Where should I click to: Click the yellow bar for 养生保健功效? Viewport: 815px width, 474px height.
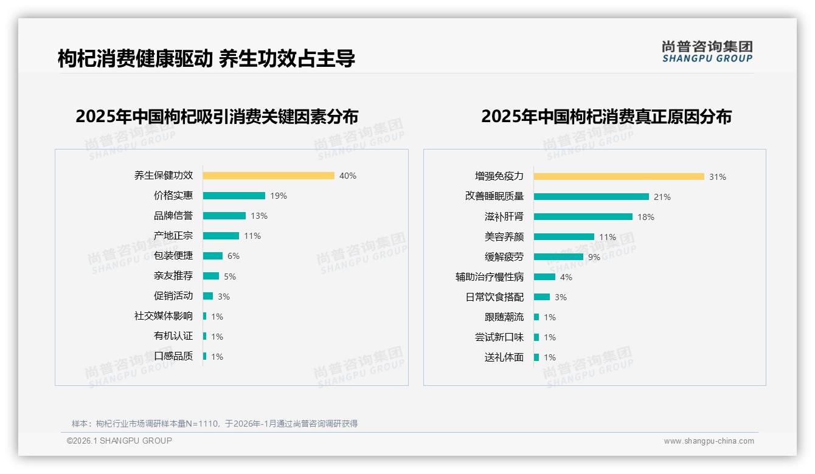(x=268, y=176)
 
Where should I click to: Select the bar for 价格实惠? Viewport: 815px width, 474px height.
(x=234, y=196)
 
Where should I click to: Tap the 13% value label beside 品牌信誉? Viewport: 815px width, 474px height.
(x=259, y=216)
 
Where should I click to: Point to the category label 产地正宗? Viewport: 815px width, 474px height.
(x=173, y=236)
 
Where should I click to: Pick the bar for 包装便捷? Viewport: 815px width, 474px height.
(x=213, y=256)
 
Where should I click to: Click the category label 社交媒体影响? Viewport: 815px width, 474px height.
(x=164, y=316)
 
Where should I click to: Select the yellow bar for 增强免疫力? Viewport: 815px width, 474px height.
(x=619, y=176)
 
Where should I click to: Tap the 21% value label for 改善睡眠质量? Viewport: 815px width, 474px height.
(x=662, y=197)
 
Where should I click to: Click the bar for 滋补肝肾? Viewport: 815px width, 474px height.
(x=583, y=216)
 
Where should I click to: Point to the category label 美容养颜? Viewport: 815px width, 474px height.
(x=504, y=236)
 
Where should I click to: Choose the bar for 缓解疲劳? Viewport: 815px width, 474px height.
(x=558, y=256)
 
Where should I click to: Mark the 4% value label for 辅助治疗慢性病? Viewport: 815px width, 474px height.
(x=566, y=277)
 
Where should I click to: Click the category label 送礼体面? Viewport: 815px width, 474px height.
(x=504, y=357)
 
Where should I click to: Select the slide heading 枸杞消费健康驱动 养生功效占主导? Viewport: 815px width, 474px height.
(x=206, y=58)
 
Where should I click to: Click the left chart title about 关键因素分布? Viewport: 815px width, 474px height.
(x=217, y=116)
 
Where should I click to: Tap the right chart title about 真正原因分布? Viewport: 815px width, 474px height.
(x=606, y=116)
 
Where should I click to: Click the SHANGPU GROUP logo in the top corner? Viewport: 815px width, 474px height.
(x=707, y=52)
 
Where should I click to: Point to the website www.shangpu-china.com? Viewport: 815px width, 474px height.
(x=709, y=441)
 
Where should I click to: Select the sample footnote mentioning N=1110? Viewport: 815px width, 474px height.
(x=215, y=424)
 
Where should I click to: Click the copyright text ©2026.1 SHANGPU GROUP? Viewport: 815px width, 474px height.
(x=119, y=441)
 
